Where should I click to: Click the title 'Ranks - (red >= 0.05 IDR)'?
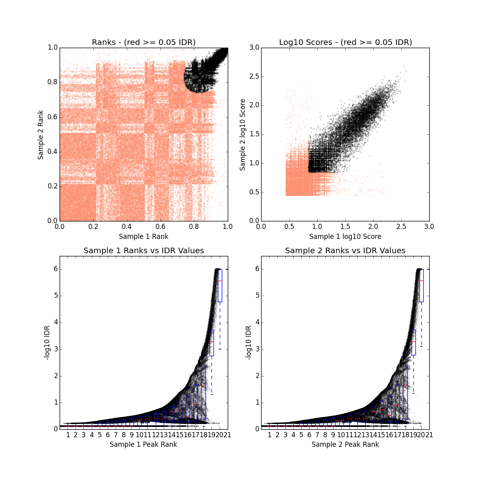click(143, 42)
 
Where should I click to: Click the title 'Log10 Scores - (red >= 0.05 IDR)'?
click(345, 42)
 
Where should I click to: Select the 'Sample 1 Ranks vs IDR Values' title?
click(143, 250)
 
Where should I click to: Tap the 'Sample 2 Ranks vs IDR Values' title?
click(345, 250)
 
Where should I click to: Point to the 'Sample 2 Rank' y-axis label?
click(41, 134)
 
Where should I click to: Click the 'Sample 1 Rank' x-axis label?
click(143, 237)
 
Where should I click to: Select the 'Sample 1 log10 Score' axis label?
click(345, 237)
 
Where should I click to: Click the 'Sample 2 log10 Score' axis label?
click(242, 134)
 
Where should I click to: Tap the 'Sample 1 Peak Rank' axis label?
click(143, 444)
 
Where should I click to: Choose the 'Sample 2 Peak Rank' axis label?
click(345, 444)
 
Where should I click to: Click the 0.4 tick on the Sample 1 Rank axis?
click(127, 227)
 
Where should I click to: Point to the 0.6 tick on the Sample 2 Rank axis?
click(52, 117)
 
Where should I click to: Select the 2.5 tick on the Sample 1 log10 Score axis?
click(401, 227)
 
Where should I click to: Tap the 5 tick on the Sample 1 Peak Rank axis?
click(100, 435)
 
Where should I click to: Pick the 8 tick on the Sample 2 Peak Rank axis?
click(325, 435)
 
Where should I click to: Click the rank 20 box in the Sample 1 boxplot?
click(220, 290)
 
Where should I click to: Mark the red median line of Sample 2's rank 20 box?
click(421, 281)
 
